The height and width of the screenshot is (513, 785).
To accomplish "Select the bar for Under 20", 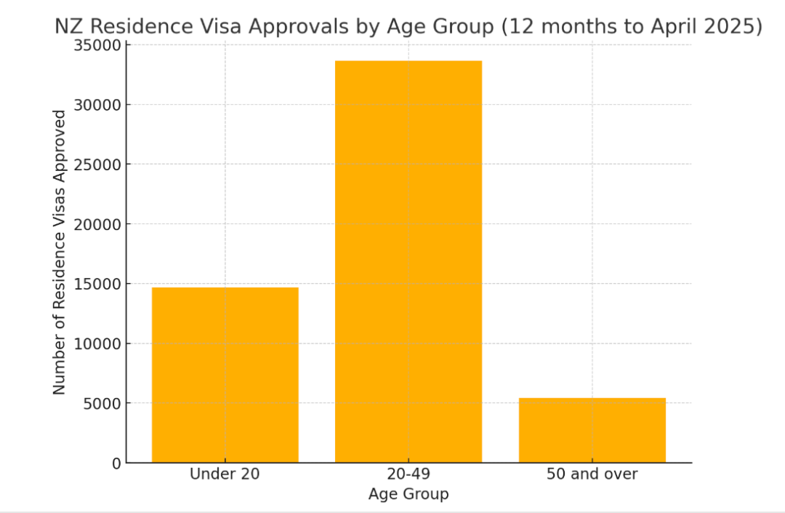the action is pos(225,375).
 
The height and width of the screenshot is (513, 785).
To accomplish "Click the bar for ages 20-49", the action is pos(408,261).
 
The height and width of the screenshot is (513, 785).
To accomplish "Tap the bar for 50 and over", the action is pos(592,430).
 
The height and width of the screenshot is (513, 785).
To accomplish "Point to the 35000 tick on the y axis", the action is pos(97,46).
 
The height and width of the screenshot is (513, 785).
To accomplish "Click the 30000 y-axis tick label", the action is pos(97,106).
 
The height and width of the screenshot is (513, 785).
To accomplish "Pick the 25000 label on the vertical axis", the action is pos(97,165).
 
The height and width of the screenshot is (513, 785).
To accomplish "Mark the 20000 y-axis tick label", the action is pos(97,224).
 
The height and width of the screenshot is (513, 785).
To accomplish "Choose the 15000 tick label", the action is pos(97,284).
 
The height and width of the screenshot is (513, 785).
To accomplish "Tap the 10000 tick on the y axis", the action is pos(97,344).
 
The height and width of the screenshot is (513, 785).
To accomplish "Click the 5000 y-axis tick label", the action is pos(102,404).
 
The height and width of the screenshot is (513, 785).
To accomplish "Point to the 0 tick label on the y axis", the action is pos(116,464).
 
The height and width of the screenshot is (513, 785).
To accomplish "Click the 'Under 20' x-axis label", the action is pos(225,474).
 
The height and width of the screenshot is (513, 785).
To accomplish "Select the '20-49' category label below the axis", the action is pos(408,474).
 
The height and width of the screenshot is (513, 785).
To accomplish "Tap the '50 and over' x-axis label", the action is pos(592,474).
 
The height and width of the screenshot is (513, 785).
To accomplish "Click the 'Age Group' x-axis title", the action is pos(408,494).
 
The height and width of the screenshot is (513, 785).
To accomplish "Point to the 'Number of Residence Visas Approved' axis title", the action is pos(59,252).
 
